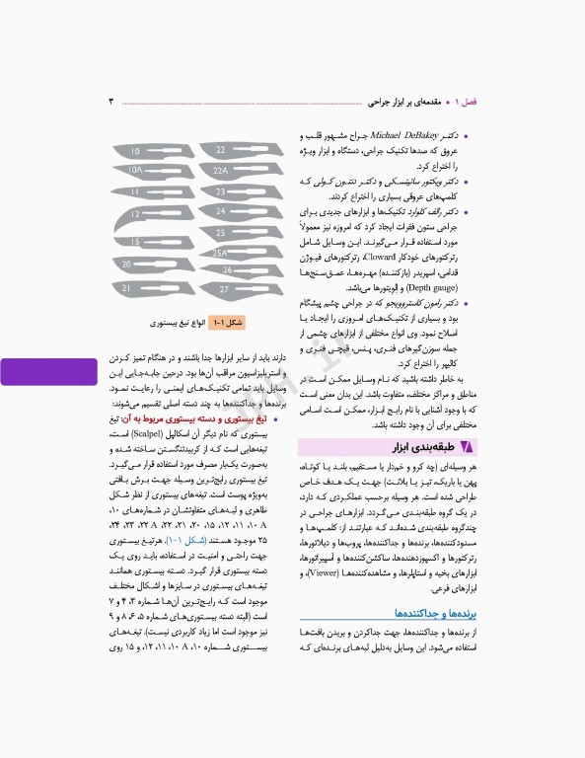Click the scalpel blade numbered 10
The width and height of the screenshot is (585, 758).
pyautogui.click(x=143, y=152)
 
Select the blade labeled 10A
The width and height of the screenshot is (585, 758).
pyautogui.click(x=143, y=171)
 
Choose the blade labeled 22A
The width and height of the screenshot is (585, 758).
pyautogui.click(x=225, y=170)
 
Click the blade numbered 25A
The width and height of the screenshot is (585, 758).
pyautogui.click(x=225, y=253)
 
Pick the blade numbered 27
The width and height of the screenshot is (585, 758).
pyautogui.click(x=225, y=289)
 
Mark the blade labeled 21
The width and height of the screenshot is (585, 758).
pyautogui.click(x=138, y=288)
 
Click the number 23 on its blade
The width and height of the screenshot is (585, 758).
pyautogui.click(x=221, y=191)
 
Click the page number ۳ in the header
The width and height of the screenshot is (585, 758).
pyautogui.click(x=111, y=102)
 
